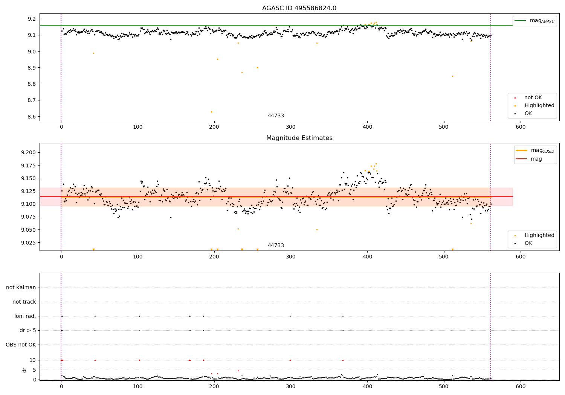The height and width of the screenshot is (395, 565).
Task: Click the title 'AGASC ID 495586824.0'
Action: (299, 8)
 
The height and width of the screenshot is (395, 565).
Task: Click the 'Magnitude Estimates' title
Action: (299, 138)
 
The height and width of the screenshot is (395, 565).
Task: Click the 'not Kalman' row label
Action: (21, 288)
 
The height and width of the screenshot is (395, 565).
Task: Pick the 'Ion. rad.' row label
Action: (25, 316)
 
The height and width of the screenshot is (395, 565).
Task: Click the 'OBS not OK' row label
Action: (21, 345)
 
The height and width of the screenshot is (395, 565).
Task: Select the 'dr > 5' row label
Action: (28, 331)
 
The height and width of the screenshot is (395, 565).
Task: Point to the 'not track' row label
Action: (24, 302)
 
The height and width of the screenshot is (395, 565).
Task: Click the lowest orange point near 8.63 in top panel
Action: (211, 112)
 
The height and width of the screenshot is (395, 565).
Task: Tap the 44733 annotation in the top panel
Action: (276, 116)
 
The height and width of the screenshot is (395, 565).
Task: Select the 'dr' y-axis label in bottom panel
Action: (24, 370)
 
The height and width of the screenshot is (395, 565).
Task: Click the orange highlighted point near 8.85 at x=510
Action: (452, 76)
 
